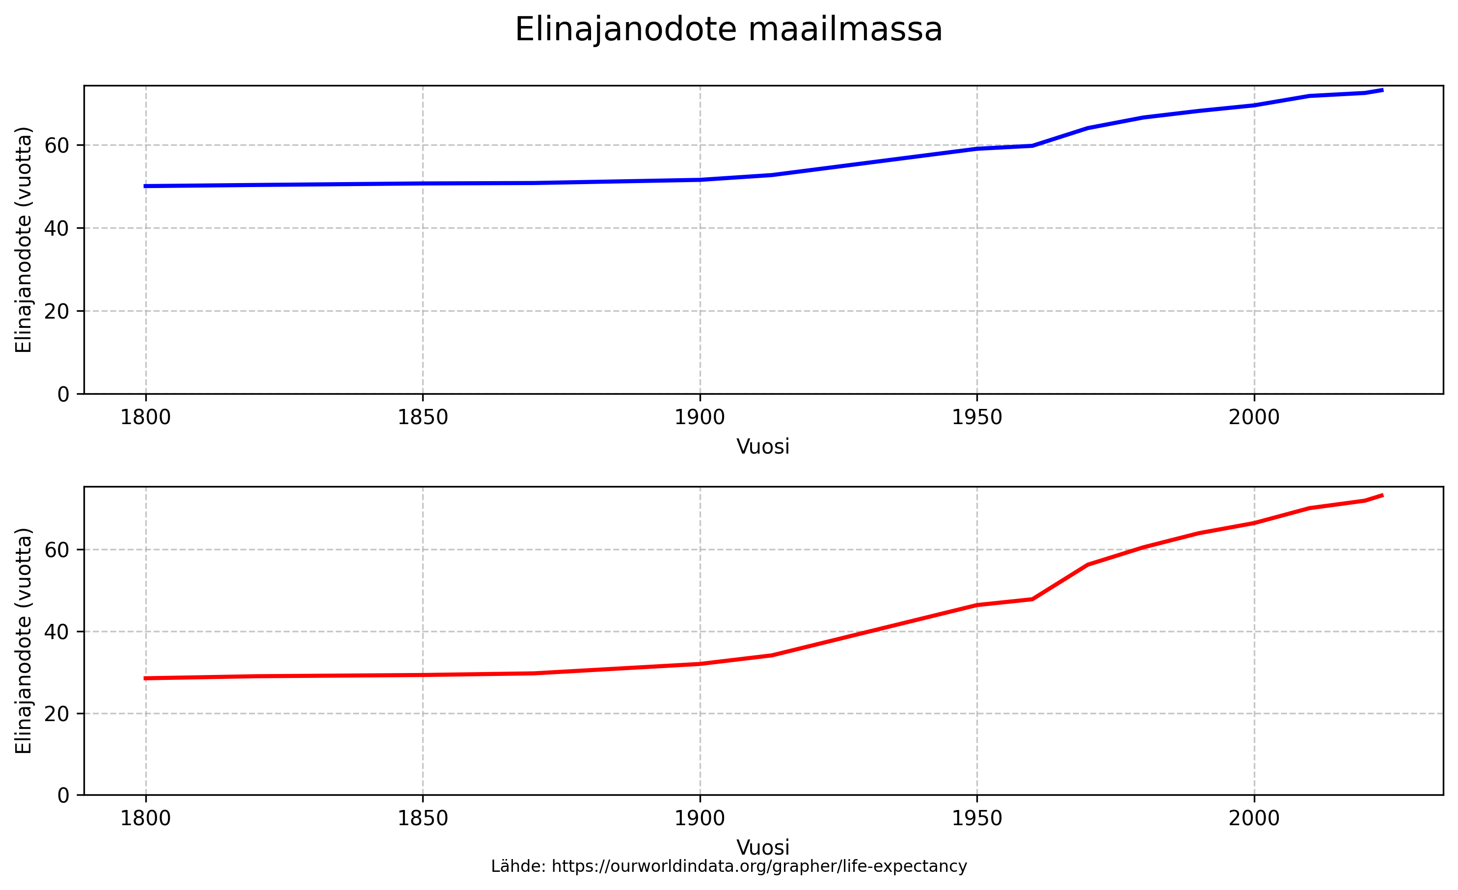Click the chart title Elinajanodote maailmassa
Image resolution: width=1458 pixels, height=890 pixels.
coord(729,29)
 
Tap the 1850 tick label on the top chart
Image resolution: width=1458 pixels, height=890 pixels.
coord(423,418)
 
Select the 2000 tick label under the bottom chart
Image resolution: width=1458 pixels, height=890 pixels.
coord(1254,819)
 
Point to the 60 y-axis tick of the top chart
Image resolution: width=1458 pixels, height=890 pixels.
coord(56,146)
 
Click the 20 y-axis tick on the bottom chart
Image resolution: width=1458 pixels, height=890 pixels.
coord(56,714)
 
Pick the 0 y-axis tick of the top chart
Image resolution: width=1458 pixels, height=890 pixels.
coord(63,395)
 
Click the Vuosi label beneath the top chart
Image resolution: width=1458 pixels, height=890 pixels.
coord(763,447)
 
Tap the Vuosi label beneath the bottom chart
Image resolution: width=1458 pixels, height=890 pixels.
coord(763,847)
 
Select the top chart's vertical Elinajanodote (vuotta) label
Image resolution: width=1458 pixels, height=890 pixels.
coord(24,240)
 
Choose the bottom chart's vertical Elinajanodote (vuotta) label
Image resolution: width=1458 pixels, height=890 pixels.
coord(24,641)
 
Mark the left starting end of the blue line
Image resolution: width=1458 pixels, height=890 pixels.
coord(146,187)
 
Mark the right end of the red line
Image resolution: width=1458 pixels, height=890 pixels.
coord(1382,495)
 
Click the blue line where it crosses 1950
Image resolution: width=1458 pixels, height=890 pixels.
coord(977,149)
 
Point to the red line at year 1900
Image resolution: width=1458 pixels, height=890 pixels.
coord(700,664)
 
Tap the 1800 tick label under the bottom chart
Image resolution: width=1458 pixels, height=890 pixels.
coord(146,819)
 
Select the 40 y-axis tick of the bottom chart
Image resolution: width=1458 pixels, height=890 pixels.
coord(56,632)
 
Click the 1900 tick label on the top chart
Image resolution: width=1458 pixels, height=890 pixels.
coord(700,418)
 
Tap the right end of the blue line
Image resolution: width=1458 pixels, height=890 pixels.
coord(1382,90)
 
